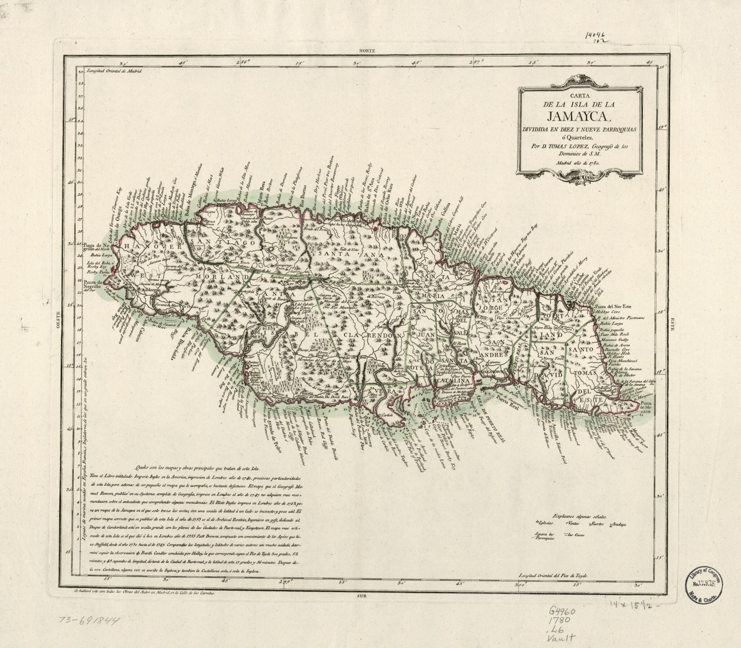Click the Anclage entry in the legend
pyautogui.click(x=619, y=524)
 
